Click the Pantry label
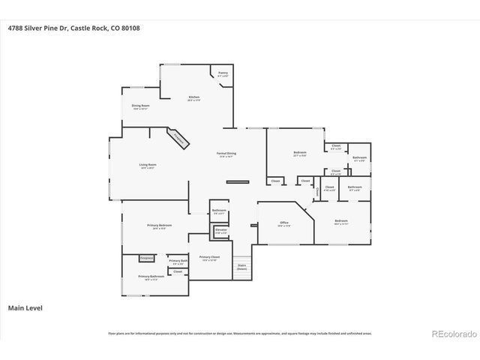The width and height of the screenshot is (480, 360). (223, 74)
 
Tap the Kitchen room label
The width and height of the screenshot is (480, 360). (193, 97)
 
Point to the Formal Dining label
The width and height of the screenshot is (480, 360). (227, 154)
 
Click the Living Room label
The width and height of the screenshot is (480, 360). (147, 166)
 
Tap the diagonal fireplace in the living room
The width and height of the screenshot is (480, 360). (178, 137)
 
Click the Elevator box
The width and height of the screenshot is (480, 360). (220, 232)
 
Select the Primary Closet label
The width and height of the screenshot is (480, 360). (208, 258)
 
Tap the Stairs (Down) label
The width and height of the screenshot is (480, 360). (242, 266)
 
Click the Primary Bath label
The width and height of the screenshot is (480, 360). (179, 262)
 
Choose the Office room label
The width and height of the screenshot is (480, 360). (284, 223)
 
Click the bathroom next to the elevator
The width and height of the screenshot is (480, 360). (219, 212)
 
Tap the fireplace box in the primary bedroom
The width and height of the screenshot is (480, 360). (147, 258)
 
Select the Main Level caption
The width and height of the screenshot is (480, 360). (25, 307)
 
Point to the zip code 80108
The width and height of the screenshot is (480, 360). (128, 28)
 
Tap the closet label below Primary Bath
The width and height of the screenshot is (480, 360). (178, 271)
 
